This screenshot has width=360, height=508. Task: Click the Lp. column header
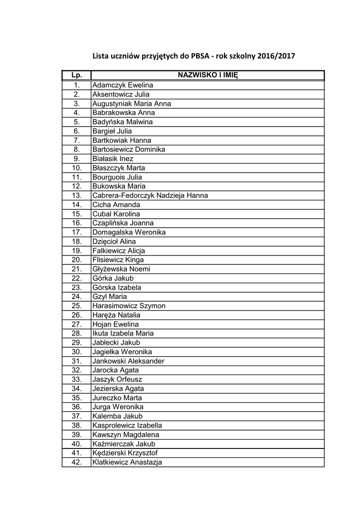(x=76, y=75)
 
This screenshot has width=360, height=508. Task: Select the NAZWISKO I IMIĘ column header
(x=208, y=75)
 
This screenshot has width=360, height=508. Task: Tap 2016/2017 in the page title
(x=276, y=56)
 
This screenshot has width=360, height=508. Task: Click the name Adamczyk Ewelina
(x=123, y=85)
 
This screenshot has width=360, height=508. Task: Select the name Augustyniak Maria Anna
(x=132, y=104)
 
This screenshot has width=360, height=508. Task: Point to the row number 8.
(x=76, y=149)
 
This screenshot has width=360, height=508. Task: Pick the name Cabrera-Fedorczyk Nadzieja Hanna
(x=150, y=195)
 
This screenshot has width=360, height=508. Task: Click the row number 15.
(x=76, y=214)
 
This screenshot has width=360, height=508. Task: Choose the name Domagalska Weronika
(x=129, y=232)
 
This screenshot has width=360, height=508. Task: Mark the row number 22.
(x=76, y=278)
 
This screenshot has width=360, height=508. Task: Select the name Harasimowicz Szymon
(x=129, y=306)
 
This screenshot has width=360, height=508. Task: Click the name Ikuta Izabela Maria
(x=123, y=333)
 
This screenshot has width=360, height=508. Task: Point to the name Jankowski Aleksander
(x=128, y=361)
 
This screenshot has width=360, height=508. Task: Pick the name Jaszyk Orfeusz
(x=117, y=380)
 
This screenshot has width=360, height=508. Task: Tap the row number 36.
(x=76, y=407)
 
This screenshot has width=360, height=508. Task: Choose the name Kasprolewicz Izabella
(x=127, y=425)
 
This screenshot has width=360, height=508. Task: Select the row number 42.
(x=76, y=462)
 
